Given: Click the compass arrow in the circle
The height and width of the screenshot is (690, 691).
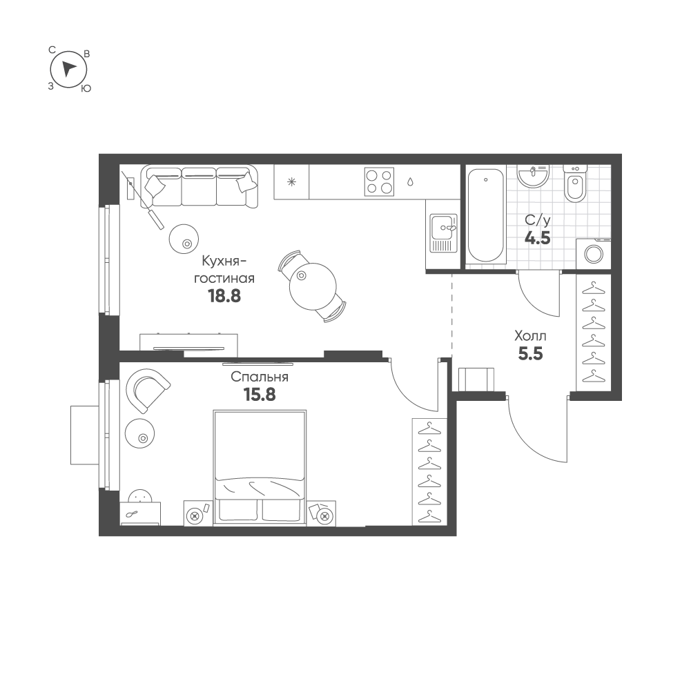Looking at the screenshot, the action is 68,69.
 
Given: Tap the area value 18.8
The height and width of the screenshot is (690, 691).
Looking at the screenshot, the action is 224,296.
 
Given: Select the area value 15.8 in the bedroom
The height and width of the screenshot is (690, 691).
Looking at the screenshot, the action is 260,395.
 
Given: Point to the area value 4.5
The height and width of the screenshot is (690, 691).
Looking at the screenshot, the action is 538,238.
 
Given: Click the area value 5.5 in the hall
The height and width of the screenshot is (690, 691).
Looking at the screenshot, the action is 530,354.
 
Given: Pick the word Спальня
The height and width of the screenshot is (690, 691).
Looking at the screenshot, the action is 260,377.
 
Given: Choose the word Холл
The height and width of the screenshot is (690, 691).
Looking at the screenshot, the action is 530,336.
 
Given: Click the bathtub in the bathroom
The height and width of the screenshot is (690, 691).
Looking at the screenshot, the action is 486,215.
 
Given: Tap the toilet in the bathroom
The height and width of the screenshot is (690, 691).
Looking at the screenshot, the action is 575,184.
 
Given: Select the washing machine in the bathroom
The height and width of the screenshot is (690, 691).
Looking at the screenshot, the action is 593,254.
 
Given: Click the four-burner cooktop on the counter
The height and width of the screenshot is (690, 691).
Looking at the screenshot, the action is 380,181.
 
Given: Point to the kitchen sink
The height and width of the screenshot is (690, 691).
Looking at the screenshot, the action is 444,233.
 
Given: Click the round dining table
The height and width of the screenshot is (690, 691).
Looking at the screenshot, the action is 313,286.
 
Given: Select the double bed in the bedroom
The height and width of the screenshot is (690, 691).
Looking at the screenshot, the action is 260,468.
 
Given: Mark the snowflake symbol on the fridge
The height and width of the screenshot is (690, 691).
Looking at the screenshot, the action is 291,182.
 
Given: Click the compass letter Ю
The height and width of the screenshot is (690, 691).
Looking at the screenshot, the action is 86,88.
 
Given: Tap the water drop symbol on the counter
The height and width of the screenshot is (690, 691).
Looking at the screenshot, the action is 410,181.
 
